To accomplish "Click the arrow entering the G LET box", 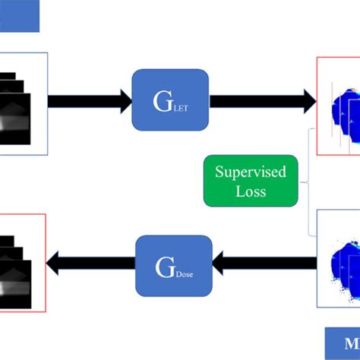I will click(x=90, y=100).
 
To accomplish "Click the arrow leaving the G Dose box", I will click(x=91, y=265).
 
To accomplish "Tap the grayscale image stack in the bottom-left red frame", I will click(x=19, y=262).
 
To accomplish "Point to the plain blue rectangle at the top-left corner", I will click(x=18, y=15).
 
